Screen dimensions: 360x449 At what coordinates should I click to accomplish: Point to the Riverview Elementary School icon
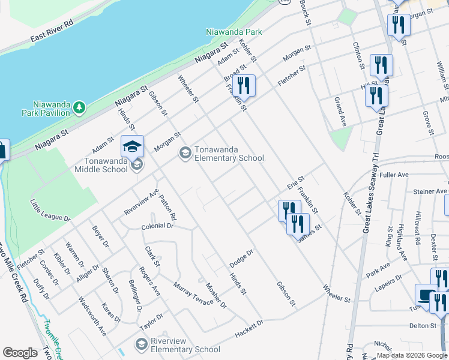pyautogui.click(x=141, y=344)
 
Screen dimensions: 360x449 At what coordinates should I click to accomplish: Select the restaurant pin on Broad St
pyautogui.click(x=245, y=85)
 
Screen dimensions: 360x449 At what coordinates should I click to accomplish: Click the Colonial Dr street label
pyautogui.click(x=157, y=226)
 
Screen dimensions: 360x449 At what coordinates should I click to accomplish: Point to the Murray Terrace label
pyautogui.click(x=192, y=293)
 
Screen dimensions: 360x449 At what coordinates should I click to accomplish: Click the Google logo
pyautogui.click(x=20, y=353)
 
